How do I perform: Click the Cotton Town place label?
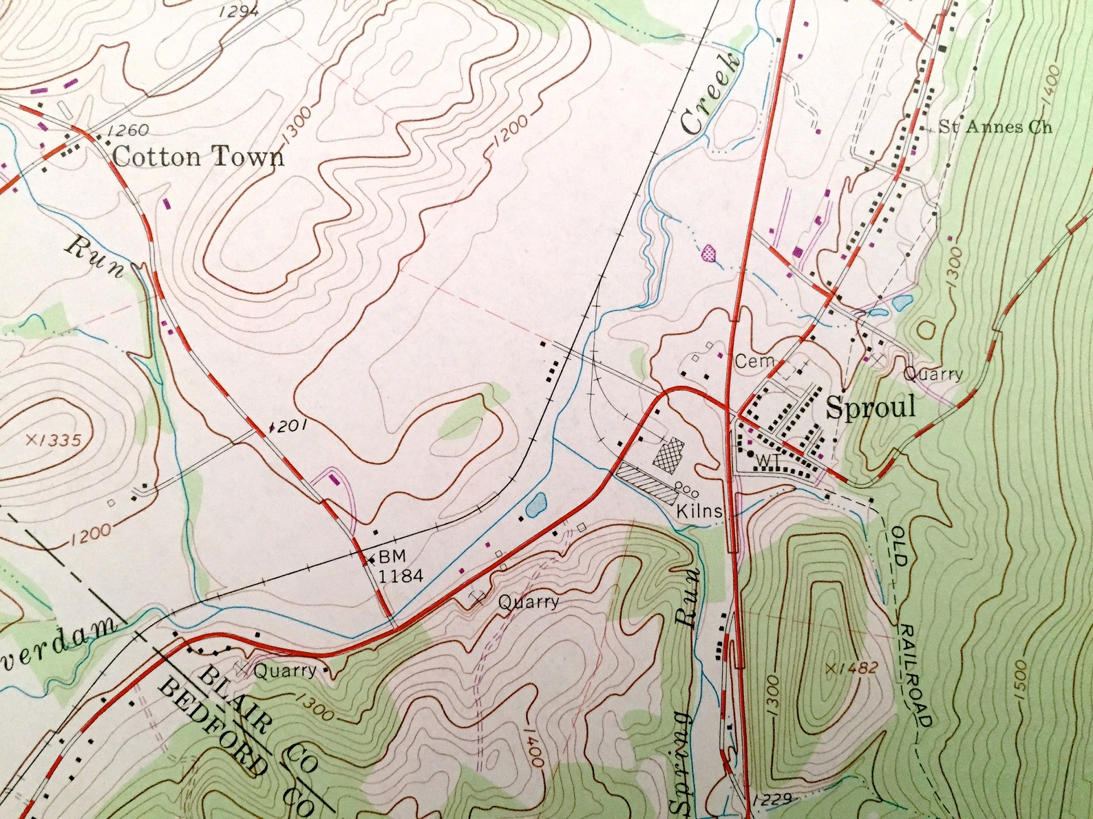pos(198,157)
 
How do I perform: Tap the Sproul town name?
pos(870,408)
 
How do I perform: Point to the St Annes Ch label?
pos(995,127)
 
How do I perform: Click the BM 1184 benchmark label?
pos(399,567)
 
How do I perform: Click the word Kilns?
pos(699,511)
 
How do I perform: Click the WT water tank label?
pos(765,459)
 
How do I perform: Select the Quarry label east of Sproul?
pos(933,374)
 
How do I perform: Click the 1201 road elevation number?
pos(288,426)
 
